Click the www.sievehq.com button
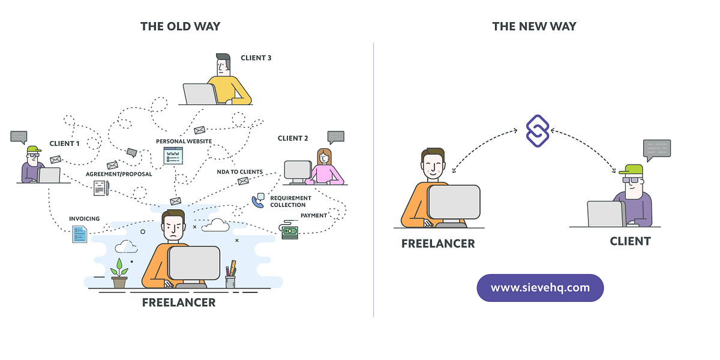tap(540, 287)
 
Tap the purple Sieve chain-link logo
tap(538, 131)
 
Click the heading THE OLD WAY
tap(180, 26)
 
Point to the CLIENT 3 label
tap(256, 58)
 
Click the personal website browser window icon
tap(173, 156)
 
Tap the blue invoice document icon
tap(79, 233)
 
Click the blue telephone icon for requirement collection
tap(259, 200)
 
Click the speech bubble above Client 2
tap(336, 137)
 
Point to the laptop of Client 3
tap(200, 94)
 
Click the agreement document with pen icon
tap(101, 188)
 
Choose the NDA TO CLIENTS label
tap(240, 172)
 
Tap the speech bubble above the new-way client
tap(656, 148)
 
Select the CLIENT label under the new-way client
tap(630, 241)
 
